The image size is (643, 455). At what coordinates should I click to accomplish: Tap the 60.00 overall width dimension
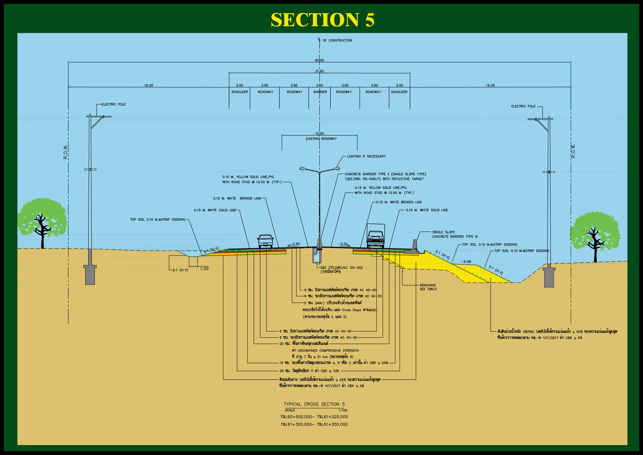click(x=319, y=60)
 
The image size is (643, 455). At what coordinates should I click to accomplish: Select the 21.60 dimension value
click(x=319, y=71)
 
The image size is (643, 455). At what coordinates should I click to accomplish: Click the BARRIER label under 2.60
click(x=320, y=92)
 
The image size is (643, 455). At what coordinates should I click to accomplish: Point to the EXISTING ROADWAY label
click(x=321, y=139)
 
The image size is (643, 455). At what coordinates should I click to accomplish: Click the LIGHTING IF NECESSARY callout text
click(x=366, y=156)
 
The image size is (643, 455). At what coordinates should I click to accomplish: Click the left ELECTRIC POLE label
click(x=114, y=104)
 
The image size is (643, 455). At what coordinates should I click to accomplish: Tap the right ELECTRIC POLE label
click(x=523, y=106)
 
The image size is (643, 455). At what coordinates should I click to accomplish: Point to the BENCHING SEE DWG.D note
click(x=428, y=287)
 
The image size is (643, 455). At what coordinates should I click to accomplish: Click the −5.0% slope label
click(x=466, y=262)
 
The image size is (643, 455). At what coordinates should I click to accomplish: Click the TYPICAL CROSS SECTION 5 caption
click(x=314, y=404)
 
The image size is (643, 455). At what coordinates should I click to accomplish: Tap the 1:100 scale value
click(x=343, y=410)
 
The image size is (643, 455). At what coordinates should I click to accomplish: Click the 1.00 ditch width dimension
click(x=204, y=269)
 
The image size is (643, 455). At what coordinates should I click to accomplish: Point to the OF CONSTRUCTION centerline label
click(x=337, y=40)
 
